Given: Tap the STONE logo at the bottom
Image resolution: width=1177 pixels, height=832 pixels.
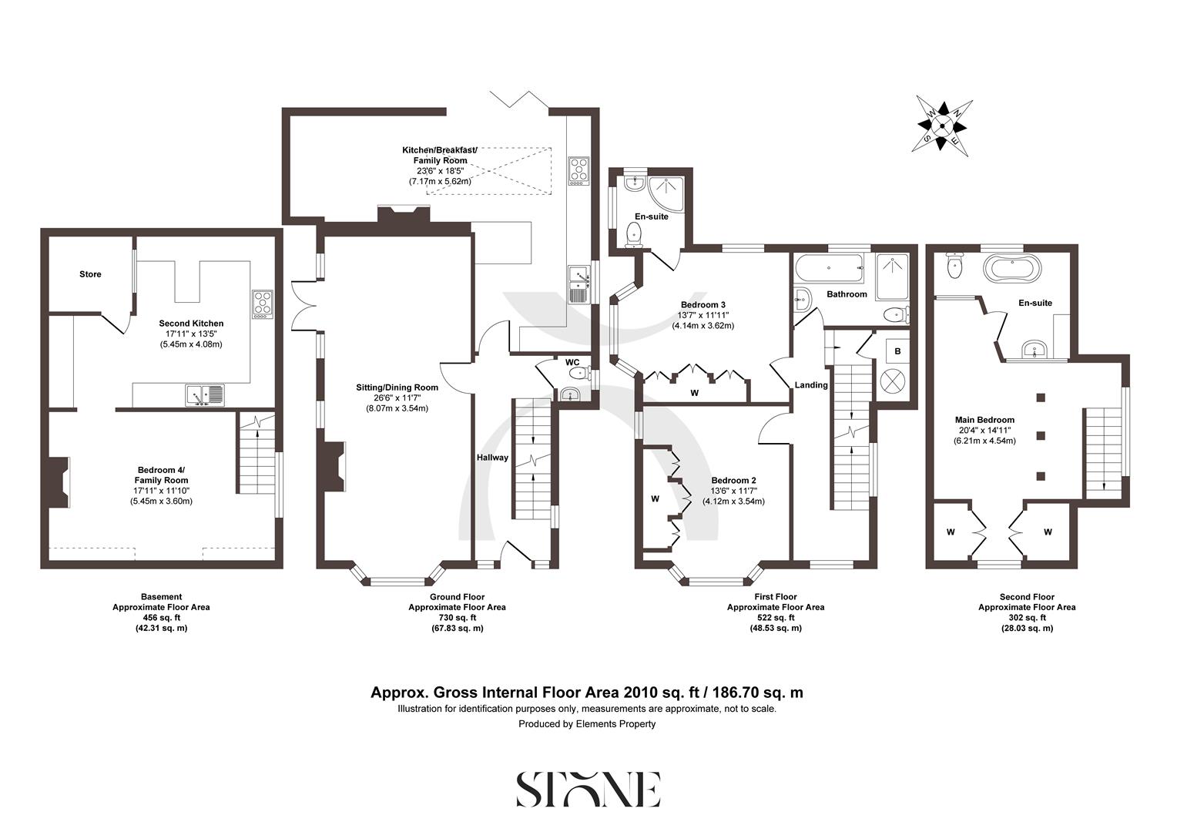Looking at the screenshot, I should [588, 789].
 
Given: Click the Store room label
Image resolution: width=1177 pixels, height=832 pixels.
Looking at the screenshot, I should [90, 274].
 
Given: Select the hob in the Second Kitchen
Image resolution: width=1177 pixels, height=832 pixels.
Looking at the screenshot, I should [263, 304].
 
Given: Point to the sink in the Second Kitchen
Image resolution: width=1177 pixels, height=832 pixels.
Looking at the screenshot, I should [204, 395].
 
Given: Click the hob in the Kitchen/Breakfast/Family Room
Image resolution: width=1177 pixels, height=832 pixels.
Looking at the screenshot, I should [578, 171].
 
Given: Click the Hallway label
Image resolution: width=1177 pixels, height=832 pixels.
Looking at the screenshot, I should [492, 458].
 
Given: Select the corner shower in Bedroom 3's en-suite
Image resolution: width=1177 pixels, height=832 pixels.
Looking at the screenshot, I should [663, 190].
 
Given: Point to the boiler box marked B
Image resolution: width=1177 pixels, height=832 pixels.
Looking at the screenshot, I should [897, 351].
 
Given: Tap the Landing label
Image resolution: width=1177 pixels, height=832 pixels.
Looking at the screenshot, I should [811, 385].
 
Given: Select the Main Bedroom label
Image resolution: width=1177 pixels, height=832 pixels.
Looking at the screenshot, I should [985, 420].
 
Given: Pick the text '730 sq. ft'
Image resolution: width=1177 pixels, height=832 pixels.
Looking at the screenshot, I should [457, 618].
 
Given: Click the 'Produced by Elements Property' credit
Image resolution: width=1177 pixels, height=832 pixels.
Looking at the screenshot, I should [587, 724].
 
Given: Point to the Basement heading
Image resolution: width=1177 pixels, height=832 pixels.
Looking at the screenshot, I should [161, 596].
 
